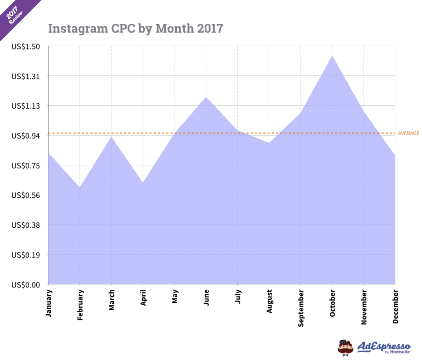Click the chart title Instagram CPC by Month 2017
(x=136, y=28)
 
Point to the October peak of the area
(x=332, y=56)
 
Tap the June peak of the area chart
(x=206, y=97)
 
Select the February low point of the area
(x=80, y=187)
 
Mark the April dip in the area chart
(x=143, y=182)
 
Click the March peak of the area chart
(x=111, y=136)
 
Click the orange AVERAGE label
(x=408, y=133)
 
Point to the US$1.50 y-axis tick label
(x=26, y=47)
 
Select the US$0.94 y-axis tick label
(x=26, y=136)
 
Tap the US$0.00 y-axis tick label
(x=26, y=284)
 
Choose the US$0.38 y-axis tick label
(x=26, y=225)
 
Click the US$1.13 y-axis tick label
(x=26, y=106)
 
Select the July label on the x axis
(x=238, y=297)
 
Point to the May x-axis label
(x=175, y=297)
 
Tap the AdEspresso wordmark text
(x=384, y=345)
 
